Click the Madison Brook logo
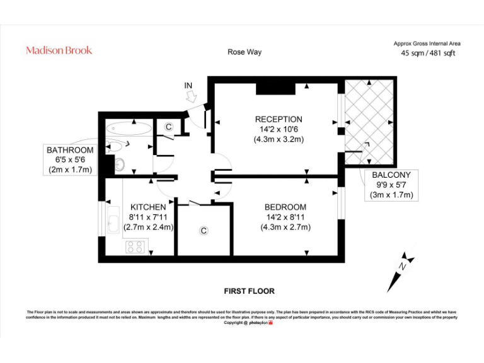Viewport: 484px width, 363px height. (59, 50)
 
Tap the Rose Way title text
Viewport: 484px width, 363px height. (245, 52)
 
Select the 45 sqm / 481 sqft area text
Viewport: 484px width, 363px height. (428, 54)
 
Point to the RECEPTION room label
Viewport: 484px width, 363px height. (279, 119)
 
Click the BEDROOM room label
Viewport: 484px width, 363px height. (285, 207)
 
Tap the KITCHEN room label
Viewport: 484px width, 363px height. (148, 207)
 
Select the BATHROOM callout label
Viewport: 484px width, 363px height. (70, 150)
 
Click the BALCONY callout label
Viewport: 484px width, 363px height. (391, 175)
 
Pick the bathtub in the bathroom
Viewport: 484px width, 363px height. (129, 129)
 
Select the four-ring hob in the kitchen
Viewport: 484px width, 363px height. (135, 246)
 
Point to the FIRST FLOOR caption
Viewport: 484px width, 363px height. (250, 291)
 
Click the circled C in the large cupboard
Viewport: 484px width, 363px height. (204, 231)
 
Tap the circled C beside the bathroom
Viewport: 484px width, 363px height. (168, 127)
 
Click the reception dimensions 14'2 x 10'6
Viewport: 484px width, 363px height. (279, 129)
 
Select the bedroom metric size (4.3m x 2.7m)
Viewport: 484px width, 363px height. (285, 228)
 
